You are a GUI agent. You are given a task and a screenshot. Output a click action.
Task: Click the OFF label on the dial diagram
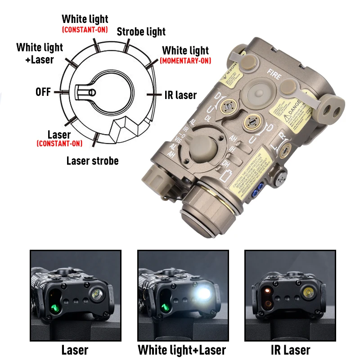point(43,92)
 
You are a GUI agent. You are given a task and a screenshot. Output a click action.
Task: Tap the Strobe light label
point(141,31)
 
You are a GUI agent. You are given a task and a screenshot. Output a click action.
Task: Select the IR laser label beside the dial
point(180,95)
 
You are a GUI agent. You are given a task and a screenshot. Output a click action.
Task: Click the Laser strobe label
point(92,161)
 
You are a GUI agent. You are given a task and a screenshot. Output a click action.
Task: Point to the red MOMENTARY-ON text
point(185,61)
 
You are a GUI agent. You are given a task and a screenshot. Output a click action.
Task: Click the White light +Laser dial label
point(40,53)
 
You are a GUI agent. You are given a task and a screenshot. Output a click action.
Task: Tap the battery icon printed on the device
point(225,176)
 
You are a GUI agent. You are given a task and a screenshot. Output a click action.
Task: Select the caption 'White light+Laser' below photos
point(182,350)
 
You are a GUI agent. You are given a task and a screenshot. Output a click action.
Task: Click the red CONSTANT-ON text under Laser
point(59,144)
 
